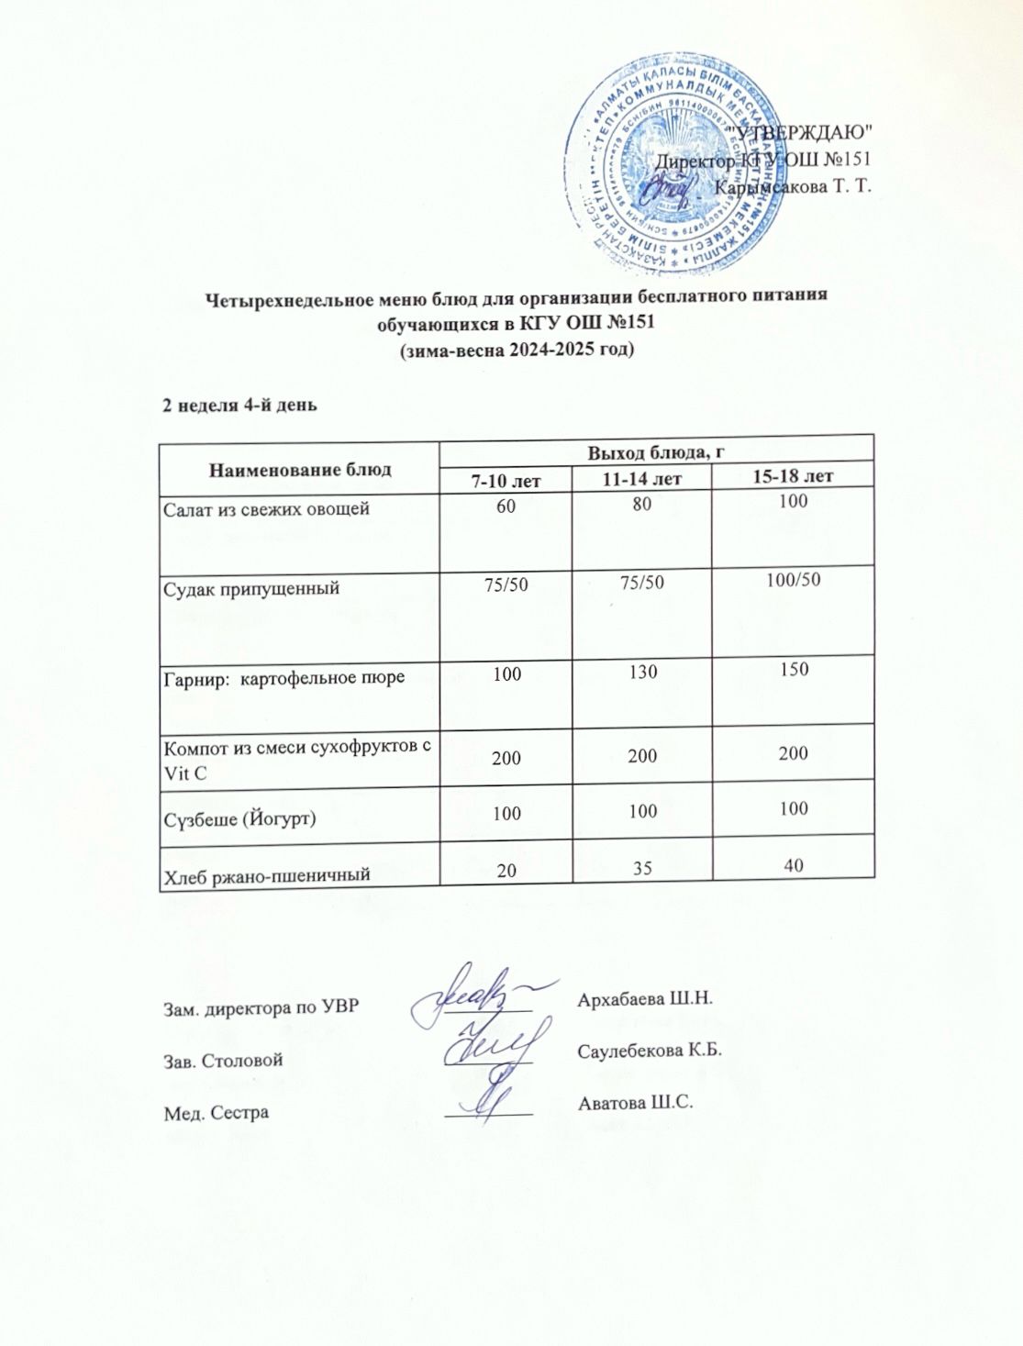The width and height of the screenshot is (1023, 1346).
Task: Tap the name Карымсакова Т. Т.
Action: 792,187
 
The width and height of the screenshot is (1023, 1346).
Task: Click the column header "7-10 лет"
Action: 506,480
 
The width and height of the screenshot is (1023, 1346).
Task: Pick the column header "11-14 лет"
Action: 641,479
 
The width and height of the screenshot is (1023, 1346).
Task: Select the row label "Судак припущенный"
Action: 251,588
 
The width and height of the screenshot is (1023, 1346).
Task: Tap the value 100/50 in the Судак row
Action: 794,580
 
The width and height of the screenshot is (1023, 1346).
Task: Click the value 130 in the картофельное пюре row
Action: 643,673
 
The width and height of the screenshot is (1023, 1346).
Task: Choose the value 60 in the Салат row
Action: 506,506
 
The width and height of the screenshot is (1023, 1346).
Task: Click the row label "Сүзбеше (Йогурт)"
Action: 239,817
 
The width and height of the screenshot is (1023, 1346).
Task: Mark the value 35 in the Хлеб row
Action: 642,866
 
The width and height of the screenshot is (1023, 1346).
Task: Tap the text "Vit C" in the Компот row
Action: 184,773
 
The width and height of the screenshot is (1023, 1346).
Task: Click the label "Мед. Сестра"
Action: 216,1113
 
